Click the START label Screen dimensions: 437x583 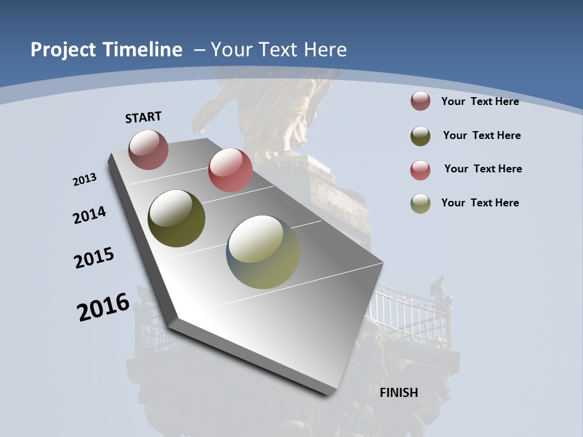click(x=143, y=117)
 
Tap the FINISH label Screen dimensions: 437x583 click(x=399, y=393)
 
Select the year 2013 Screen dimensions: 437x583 click(x=84, y=180)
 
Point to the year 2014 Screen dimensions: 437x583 click(x=89, y=215)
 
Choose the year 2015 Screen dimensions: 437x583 click(x=94, y=258)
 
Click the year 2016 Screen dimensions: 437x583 click(x=103, y=307)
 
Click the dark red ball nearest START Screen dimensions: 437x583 click(x=148, y=149)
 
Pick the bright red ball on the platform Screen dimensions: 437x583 click(x=230, y=170)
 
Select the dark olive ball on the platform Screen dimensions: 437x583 click(x=176, y=218)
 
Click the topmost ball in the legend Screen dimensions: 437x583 click(x=420, y=101)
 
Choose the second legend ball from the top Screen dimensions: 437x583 click(x=420, y=135)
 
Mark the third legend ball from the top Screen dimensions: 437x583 click(x=420, y=170)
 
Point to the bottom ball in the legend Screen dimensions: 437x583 click(x=420, y=203)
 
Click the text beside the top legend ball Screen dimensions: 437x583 click(x=480, y=101)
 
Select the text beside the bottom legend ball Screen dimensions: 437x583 click(x=480, y=203)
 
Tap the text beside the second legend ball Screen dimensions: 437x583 click(x=482, y=135)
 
